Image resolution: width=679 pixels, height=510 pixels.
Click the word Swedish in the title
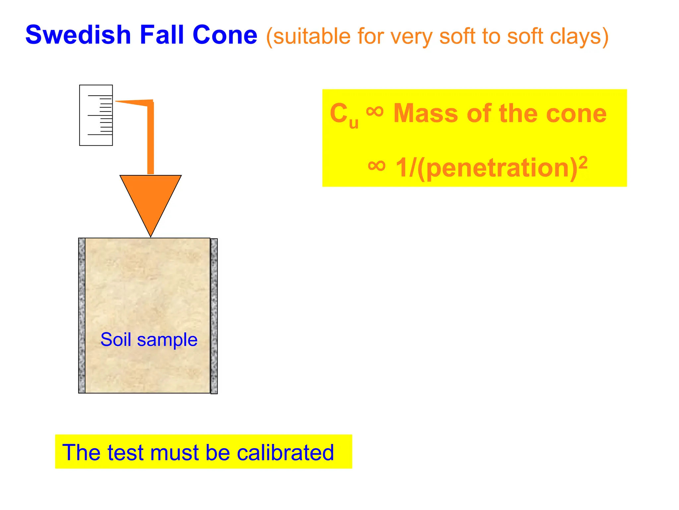78,35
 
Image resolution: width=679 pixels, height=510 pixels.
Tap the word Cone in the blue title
225,35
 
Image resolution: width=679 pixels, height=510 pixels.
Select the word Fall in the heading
162,35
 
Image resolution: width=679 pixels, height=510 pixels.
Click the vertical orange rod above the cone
151,139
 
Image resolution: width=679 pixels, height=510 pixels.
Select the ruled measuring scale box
96,115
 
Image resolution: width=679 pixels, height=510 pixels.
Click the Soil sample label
149,339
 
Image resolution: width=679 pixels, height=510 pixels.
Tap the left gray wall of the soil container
82,315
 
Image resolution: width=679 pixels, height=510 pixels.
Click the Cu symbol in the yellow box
343,115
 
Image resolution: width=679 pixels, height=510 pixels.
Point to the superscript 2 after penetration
583,163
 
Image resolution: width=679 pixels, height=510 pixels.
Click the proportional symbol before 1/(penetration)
377,166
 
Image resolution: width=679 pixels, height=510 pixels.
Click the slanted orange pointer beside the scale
133,103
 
